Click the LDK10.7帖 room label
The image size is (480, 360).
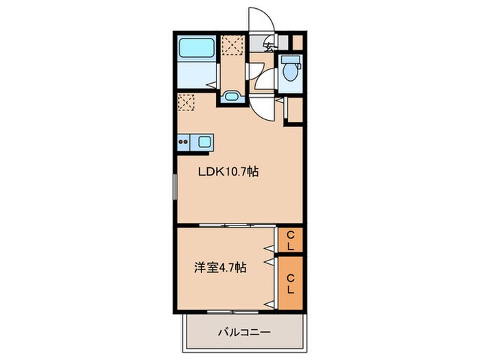point(228,173)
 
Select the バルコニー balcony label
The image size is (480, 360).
point(244,332)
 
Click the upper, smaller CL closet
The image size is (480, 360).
point(290,241)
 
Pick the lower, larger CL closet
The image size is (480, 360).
point(290,283)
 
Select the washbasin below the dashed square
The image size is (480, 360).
point(231,97)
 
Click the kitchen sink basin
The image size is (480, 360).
point(204,142)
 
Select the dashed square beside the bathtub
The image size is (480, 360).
point(232,45)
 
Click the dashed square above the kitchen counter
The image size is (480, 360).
point(186,104)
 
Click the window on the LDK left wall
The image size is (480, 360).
point(173,187)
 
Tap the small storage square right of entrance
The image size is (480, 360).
point(297,41)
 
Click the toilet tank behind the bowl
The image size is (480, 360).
point(288,60)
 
